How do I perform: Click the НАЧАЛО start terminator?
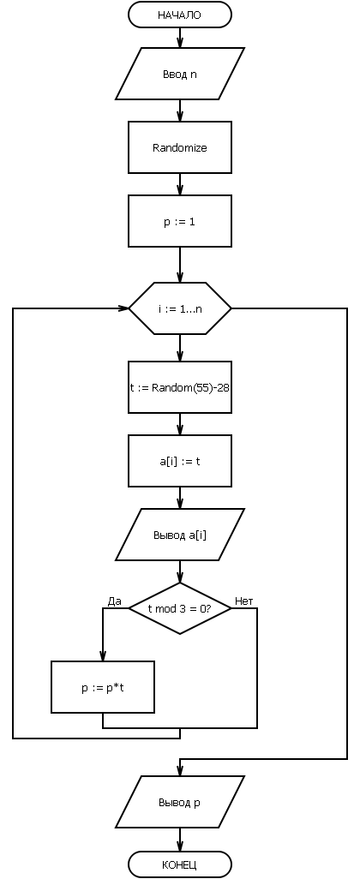point(180,15)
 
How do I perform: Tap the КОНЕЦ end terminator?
point(180,864)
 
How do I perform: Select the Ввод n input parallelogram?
point(180,74)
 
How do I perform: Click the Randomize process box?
point(180,147)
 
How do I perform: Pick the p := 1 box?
point(180,221)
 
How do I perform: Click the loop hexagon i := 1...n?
point(180,308)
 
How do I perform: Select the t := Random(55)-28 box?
point(180,387)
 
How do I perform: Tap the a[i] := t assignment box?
point(180,461)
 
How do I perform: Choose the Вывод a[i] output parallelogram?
point(180,535)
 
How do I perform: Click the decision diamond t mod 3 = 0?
point(180,608)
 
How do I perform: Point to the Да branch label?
point(114,601)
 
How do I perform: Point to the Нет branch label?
point(244,601)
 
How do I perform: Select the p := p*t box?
point(103,687)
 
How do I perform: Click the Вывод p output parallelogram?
point(180,802)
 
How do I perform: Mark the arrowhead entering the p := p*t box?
point(103,656)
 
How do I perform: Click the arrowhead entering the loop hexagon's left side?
point(123,308)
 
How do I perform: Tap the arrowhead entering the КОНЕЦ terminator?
point(180,846)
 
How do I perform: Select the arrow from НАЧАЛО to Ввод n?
point(180,38)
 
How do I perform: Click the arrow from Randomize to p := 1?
point(180,184)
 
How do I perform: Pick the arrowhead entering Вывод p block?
point(180,771)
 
